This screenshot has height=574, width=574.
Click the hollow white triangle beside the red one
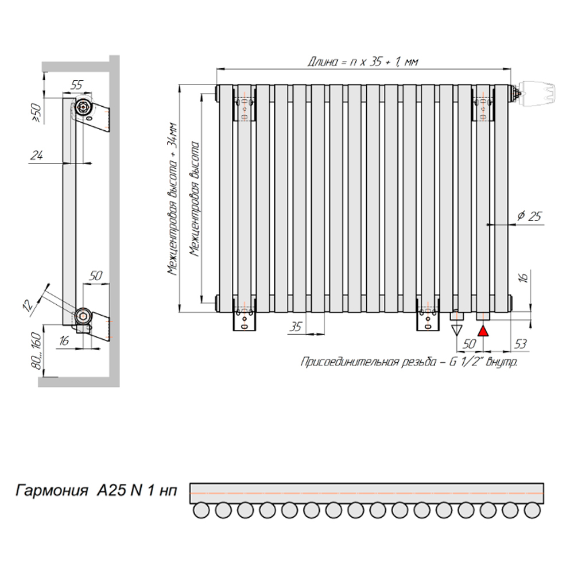(x=456, y=330)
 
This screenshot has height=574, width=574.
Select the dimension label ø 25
(x=529, y=216)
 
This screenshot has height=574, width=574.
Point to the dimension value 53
(x=521, y=344)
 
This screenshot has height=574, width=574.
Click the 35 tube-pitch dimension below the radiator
(x=295, y=327)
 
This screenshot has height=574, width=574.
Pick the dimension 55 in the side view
(x=77, y=84)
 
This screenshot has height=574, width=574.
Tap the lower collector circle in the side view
(x=83, y=316)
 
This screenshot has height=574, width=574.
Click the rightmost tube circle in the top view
(x=533, y=509)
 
